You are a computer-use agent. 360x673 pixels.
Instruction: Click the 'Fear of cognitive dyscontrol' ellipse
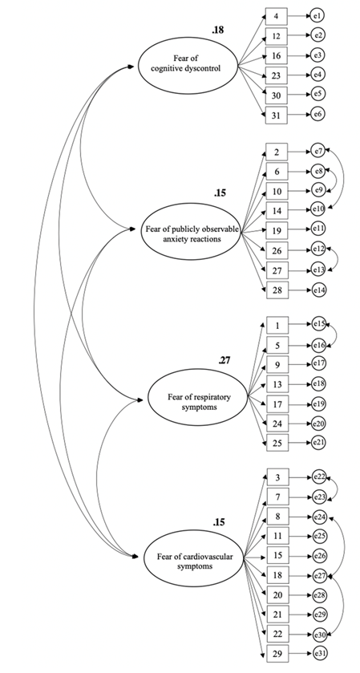tap(190, 67)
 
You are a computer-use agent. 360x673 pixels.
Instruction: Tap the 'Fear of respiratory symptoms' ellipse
tap(192, 397)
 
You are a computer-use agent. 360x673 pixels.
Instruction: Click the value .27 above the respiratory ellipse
tap(225, 360)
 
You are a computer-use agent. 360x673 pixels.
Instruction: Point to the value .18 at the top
tap(218, 30)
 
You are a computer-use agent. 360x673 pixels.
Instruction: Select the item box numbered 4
tap(276, 15)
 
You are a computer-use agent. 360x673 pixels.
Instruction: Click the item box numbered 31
tap(276, 115)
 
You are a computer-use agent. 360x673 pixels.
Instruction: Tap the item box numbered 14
tap(276, 209)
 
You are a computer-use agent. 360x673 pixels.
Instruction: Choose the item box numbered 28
tap(276, 289)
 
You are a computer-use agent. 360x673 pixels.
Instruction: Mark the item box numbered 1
tap(276, 326)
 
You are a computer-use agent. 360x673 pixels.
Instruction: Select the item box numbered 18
tap(276, 575)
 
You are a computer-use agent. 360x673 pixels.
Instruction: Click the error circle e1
tap(318, 15)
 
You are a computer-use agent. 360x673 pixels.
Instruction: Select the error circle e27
tap(320, 575)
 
